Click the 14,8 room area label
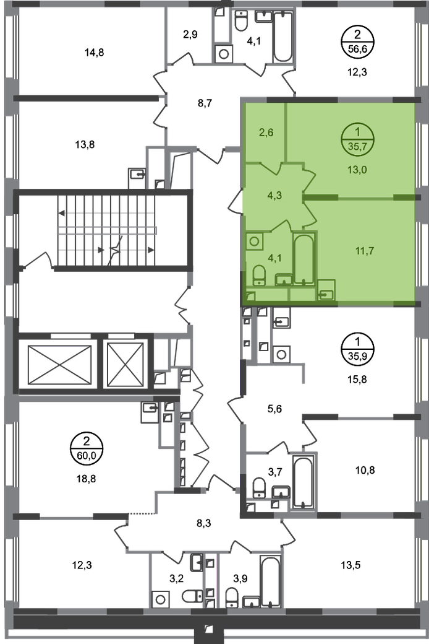95,53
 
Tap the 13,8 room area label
85,144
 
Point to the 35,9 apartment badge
357,349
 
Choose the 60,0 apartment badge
86,448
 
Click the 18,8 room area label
86,479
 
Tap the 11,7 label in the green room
365,251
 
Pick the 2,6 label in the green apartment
266,133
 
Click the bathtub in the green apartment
304,259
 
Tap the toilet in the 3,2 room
192,596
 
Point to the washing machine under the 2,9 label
224,54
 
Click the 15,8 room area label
357,380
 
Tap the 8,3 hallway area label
204,524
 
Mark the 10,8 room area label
365,470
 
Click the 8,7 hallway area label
205,103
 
